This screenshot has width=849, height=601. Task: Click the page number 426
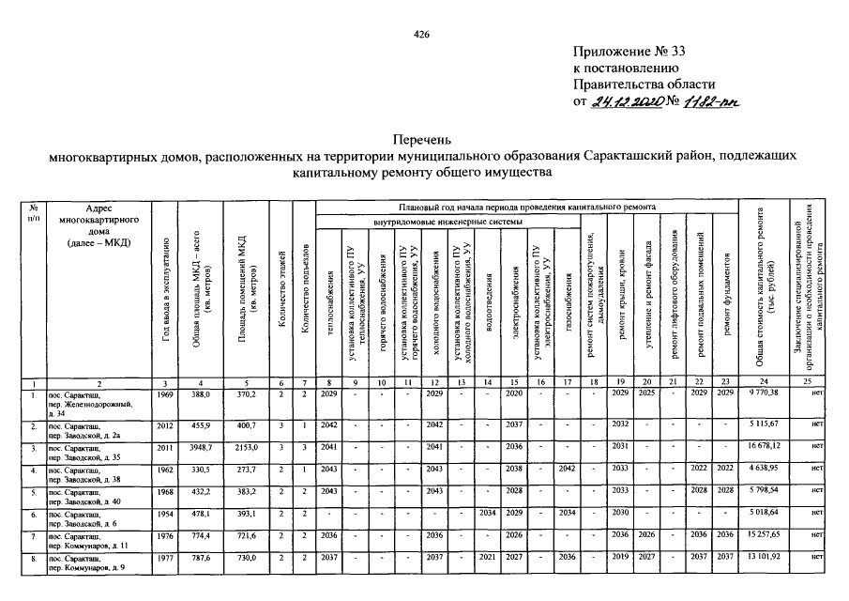(421, 35)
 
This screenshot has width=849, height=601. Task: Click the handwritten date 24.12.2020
(626, 100)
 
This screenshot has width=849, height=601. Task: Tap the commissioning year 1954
(166, 513)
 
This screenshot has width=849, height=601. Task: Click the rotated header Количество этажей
(282, 291)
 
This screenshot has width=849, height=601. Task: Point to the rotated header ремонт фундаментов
(727, 296)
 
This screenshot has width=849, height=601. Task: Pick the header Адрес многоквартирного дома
(99, 225)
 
